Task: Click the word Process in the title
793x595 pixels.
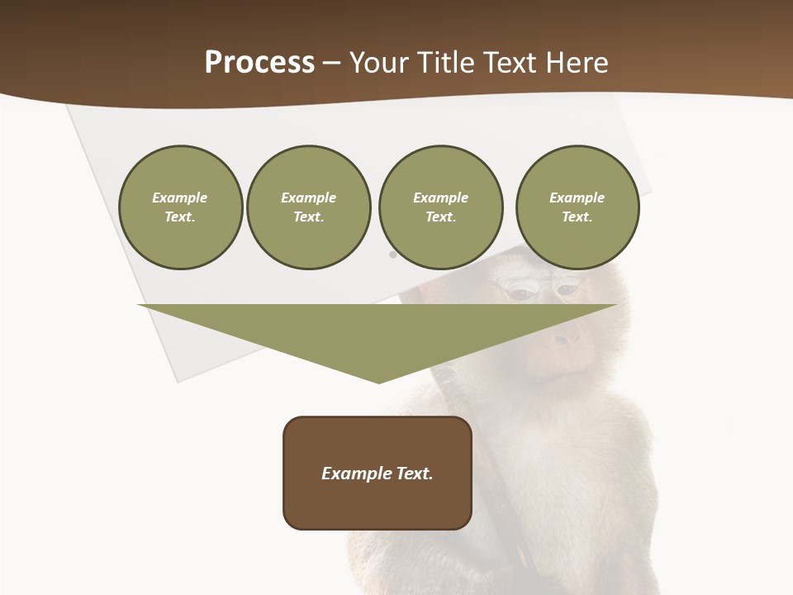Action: [259, 62]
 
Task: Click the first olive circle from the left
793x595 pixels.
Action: [180, 207]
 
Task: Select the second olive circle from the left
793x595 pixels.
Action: [308, 207]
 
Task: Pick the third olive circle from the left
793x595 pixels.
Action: [440, 207]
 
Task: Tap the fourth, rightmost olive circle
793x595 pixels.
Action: [577, 207]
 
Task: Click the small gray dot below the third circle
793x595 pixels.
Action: [392, 255]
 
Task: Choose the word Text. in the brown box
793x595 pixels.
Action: [414, 474]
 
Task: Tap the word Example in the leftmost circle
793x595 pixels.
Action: [180, 198]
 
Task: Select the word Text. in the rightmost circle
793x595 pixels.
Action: [577, 217]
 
